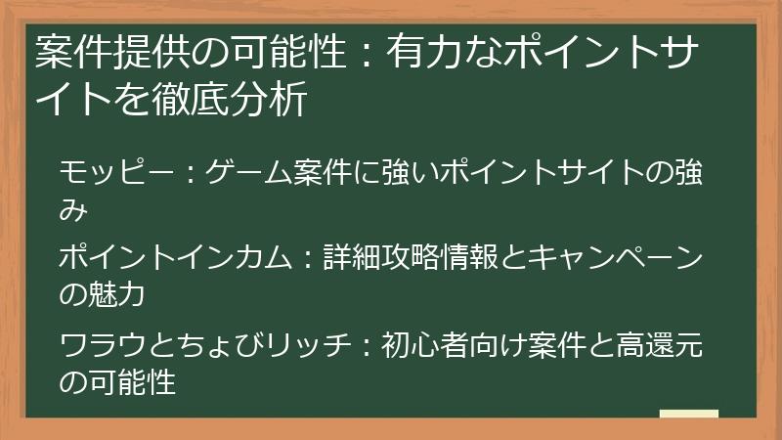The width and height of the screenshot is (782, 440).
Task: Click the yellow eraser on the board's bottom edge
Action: coord(688,414)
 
